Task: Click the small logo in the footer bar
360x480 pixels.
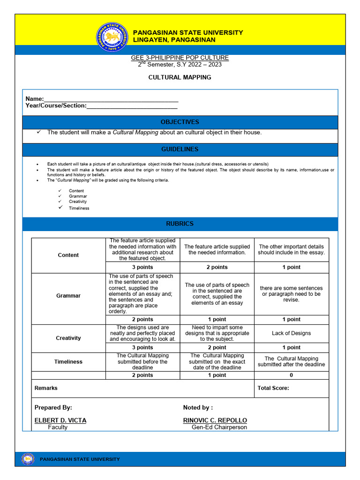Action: (28, 459)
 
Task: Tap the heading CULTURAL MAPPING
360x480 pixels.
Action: (180, 77)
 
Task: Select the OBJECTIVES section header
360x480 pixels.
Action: (180, 122)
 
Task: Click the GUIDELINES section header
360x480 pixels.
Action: (180, 149)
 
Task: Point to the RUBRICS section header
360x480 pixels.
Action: (180, 224)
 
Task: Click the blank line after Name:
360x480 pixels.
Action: (111, 99)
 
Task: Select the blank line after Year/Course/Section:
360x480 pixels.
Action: (132, 106)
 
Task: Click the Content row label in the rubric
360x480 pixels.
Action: (68, 255)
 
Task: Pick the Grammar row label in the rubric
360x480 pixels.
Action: (68, 296)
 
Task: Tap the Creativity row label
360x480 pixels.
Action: (68, 338)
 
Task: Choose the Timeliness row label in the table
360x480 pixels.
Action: (68, 361)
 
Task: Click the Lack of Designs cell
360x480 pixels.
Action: (291, 333)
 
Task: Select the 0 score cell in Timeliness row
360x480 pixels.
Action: (291, 375)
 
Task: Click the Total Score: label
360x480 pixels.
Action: (273, 388)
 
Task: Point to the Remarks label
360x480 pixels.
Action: (46, 388)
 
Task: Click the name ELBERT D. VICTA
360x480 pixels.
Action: (60, 420)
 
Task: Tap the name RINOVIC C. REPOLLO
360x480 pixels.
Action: (215, 420)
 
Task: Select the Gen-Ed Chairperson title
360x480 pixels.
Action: (219, 427)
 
